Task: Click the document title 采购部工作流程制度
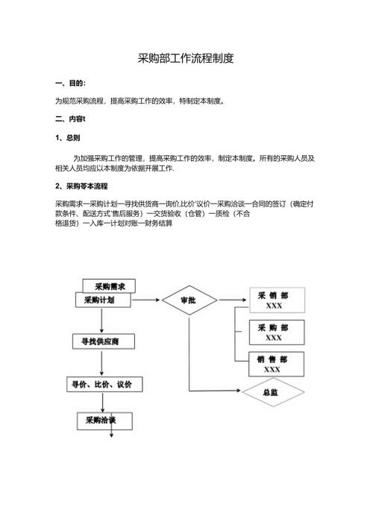pos(186,58)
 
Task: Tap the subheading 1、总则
pos(68,139)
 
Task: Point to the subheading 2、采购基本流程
pos(81,186)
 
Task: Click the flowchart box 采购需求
pos(114,286)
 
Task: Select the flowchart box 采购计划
pos(102,300)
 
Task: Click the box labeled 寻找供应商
pos(104,341)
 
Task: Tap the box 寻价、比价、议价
pos(105,385)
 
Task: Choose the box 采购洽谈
pos(104,421)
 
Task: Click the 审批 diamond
pos(189,300)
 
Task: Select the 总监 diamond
pos(272,391)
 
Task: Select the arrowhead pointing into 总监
pos(239,391)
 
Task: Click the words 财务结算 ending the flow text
pos(157,222)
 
